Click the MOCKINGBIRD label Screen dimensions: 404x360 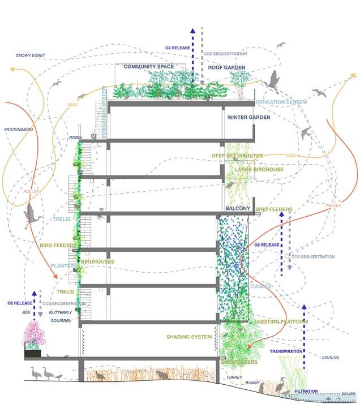(x=20, y=130)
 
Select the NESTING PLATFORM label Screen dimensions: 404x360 (x=282, y=322)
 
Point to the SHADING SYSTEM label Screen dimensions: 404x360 (x=189, y=337)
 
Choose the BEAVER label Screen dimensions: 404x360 (x=348, y=394)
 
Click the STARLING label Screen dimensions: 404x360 (x=329, y=358)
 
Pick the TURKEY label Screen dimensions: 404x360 (x=234, y=376)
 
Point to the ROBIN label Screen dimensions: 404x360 (x=76, y=137)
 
